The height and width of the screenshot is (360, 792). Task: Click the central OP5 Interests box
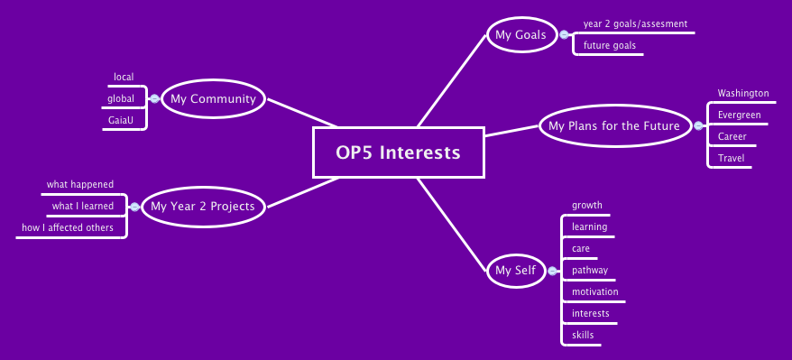click(399, 152)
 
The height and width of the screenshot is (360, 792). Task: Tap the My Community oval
click(213, 99)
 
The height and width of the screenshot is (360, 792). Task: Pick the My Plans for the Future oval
click(613, 125)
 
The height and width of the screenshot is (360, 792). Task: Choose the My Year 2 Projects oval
click(203, 207)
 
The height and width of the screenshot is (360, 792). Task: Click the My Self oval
click(515, 270)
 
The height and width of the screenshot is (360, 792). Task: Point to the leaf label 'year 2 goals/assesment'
click(635, 24)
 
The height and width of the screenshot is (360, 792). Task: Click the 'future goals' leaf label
click(609, 45)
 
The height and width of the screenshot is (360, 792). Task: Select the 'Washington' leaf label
click(742, 93)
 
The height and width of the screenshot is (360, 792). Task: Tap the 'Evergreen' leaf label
click(739, 115)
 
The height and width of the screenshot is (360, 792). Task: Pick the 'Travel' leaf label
click(731, 159)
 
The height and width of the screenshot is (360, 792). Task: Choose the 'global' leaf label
click(121, 98)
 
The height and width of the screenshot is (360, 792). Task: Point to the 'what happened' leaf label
click(80, 185)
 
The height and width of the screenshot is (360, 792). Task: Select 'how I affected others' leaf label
click(69, 228)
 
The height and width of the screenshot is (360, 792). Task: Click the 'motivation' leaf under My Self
click(595, 292)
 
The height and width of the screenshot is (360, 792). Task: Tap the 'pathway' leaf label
click(590, 271)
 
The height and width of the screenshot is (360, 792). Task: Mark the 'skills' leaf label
click(583, 336)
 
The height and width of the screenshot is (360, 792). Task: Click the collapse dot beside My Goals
click(565, 35)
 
